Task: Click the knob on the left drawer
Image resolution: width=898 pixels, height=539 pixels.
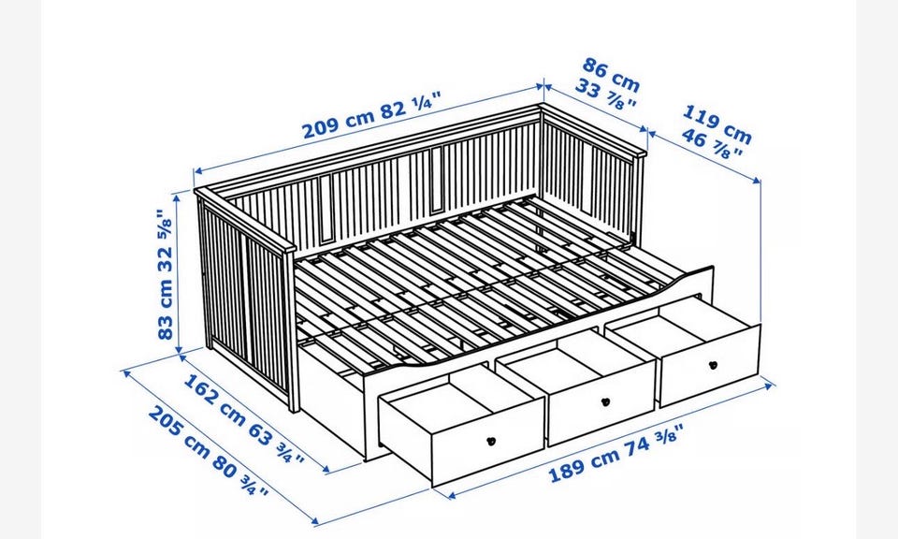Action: pyautogui.click(x=491, y=441)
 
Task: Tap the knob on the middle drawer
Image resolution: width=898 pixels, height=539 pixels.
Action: pyautogui.click(x=605, y=401)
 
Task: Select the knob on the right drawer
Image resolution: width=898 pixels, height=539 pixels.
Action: pyautogui.click(x=713, y=365)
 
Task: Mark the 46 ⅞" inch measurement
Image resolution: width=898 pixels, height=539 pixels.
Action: pyautogui.click(x=712, y=144)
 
